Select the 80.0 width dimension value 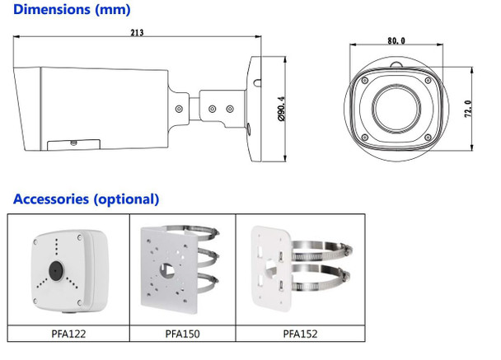coord(396,40)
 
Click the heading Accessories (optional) coord(86,199)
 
